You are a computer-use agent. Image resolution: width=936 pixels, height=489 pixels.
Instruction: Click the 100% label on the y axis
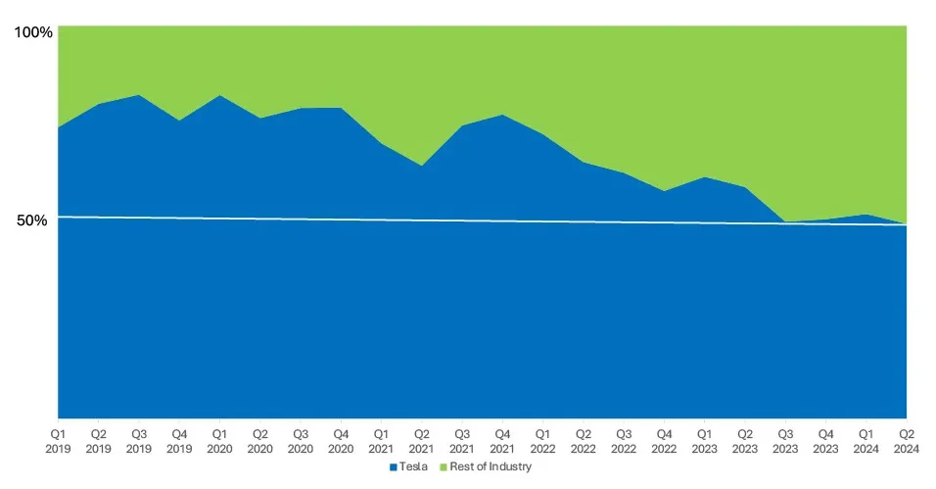click(31, 32)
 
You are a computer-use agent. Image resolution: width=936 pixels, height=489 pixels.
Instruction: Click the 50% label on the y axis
click(31, 220)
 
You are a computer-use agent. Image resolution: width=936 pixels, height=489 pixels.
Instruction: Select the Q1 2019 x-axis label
click(59, 439)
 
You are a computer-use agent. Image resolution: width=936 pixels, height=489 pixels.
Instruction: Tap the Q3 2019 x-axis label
click(139, 439)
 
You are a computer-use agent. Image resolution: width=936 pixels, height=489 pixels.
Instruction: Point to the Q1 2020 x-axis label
click(219, 439)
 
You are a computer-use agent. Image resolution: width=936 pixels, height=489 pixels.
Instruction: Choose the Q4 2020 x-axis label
click(341, 439)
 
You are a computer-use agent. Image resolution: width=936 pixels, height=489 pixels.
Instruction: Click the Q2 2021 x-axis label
click(421, 439)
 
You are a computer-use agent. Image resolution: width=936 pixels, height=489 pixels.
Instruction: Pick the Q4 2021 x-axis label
click(502, 439)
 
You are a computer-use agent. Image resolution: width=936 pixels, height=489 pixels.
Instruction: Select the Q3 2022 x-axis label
click(623, 439)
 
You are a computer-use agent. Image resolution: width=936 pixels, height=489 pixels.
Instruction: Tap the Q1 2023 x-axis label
click(703, 439)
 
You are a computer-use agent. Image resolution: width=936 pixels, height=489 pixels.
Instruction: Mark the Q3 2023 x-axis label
click(784, 439)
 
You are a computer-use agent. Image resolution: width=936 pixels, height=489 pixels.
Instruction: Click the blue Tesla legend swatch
click(394, 467)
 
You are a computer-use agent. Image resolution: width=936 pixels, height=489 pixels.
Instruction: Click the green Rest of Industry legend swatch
click(444, 467)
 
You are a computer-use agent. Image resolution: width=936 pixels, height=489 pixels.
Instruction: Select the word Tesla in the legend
click(413, 467)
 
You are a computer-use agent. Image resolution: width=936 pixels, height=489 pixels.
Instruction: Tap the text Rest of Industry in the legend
click(491, 467)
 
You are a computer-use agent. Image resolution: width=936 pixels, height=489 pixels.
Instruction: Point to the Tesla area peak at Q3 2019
click(139, 95)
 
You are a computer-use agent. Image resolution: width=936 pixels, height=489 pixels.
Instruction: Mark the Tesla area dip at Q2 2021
click(421, 166)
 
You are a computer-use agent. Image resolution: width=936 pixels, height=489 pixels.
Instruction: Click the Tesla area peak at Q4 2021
click(502, 115)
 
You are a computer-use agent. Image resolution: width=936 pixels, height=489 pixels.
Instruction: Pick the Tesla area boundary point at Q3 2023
click(784, 221)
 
